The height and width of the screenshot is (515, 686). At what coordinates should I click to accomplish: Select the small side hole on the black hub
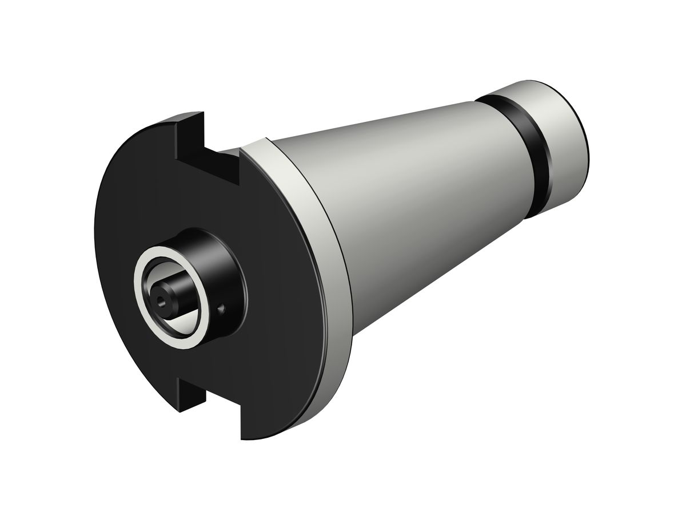[222, 310]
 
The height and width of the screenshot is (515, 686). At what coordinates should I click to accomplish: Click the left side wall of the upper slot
[189, 137]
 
